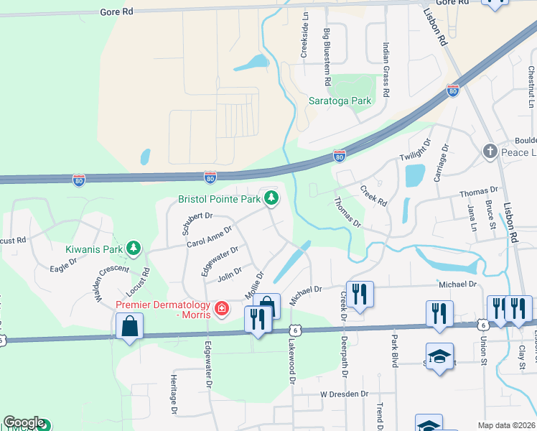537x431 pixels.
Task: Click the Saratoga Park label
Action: (x=340, y=101)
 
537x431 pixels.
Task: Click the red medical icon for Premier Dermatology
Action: (x=222, y=309)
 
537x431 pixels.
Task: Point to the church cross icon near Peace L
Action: (x=490, y=152)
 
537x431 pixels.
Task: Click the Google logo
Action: (x=24, y=423)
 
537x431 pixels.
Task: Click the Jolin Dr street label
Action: (x=229, y=276)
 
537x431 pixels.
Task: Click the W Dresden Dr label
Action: (x=344, y=394)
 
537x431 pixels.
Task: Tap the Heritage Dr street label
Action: (x=174, y=395)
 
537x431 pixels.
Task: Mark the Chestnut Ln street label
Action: (x=531, y=83)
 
